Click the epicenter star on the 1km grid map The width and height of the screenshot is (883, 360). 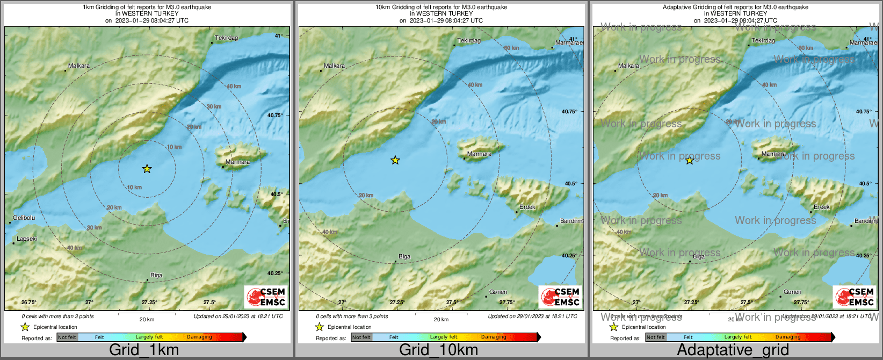pyautogui.click(x=147, y=169)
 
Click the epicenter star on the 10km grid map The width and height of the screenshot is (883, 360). pyautogui.click(x=395, y=160)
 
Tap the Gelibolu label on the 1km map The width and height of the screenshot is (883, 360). pyautogui.click(x=24, y=218)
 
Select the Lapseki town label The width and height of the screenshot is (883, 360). pyautogui.click(x=27, y=239)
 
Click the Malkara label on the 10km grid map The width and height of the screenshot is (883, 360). pyautogui.click(x=334, y=66)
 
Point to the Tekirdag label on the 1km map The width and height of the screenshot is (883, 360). pyautogui.click(x=226, y=38)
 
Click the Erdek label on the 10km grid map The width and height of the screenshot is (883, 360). pyautogui.click(x=527, y=207)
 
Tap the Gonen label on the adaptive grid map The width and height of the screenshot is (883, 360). pyautogui.click(x=792, y=292)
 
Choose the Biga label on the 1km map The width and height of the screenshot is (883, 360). pyautogui.click(x=156, y=275)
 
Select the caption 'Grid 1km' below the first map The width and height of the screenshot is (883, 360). pyautogui.click(x=144, y=350)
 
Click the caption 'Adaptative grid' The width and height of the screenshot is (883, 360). pyautogui.click(x=733, y=350)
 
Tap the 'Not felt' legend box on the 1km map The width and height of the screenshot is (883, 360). pyautogui.click(x=67, y=337)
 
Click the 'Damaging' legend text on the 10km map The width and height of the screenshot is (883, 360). pyautogui.click(x=494, y=337)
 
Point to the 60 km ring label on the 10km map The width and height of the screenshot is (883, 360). pyautogui.click(x=511, y=48)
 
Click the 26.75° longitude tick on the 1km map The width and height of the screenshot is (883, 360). pyautogui.click(x=28, y=302)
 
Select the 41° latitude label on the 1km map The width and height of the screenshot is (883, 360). pyautogui.click(x=278, y=36)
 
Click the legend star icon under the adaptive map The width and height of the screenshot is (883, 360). pyautogui.click(x=613, y=327)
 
